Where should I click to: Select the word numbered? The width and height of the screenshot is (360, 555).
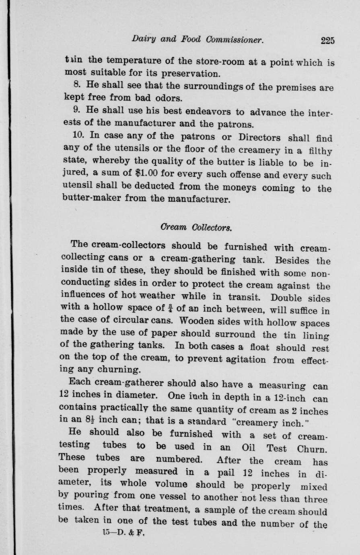[179, 459]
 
